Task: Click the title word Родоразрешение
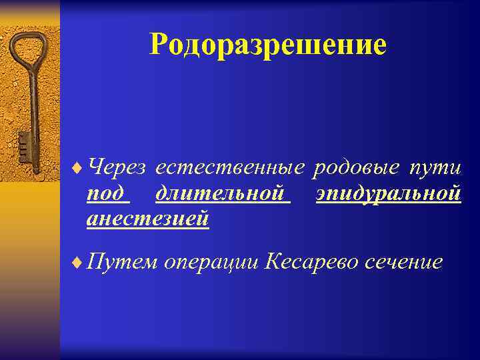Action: [268, 45]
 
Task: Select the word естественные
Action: [230, 167]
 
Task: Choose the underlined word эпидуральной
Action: [389, 194]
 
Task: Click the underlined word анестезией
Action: [147, 218]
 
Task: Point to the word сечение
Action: [404, 261]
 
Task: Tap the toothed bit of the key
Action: [24, 143]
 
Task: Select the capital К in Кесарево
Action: [273, 261]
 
